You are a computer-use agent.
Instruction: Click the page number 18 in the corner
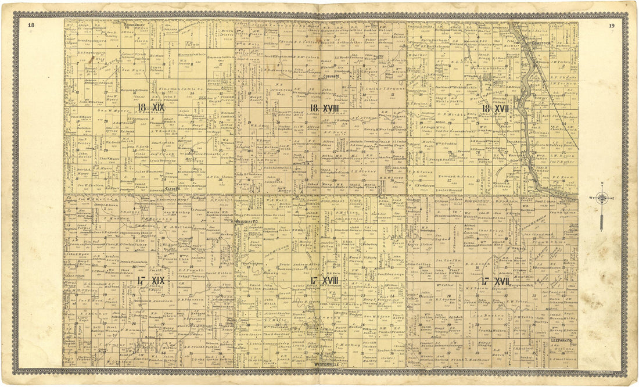pos(31,25)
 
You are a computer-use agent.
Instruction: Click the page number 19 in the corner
pos(612,26)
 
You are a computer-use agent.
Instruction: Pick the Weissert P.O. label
pos(248,221)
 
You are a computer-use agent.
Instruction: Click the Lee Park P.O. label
pos(561,338)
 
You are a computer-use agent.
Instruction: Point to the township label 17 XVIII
pos(325,281)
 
